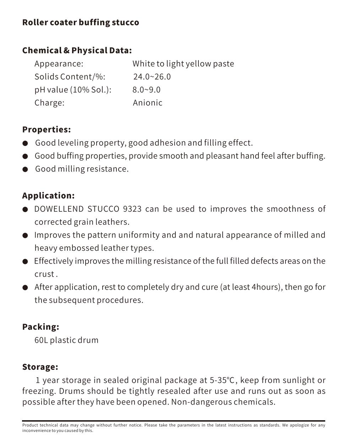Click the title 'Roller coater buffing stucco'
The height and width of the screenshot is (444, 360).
click(81, 22)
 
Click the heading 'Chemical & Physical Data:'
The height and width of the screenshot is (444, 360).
click(77, 50)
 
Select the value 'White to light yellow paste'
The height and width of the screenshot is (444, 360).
click(183, 64)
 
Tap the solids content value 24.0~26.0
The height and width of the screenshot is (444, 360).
click(152, 77)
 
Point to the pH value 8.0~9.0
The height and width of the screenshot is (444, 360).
click(146, 90)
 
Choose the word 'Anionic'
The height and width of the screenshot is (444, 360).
click(147, 103)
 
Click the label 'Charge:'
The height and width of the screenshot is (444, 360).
click(49, 103)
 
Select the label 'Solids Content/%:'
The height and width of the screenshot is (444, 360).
click(70, 77)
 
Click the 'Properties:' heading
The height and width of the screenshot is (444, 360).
click(47, 130)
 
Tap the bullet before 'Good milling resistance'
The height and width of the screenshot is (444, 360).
click(25, 169)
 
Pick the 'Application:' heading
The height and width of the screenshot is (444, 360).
click(48, 196)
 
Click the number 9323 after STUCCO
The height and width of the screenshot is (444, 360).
click(132, 209)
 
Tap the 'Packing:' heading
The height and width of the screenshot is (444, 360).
click(40, 327)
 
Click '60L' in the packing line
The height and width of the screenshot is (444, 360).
click(41, 340)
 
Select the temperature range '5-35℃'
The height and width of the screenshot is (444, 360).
click(222, 380)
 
